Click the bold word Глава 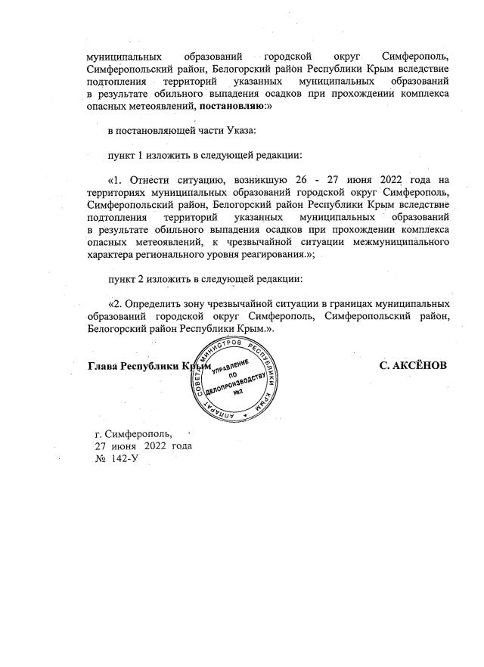point(104,366)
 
